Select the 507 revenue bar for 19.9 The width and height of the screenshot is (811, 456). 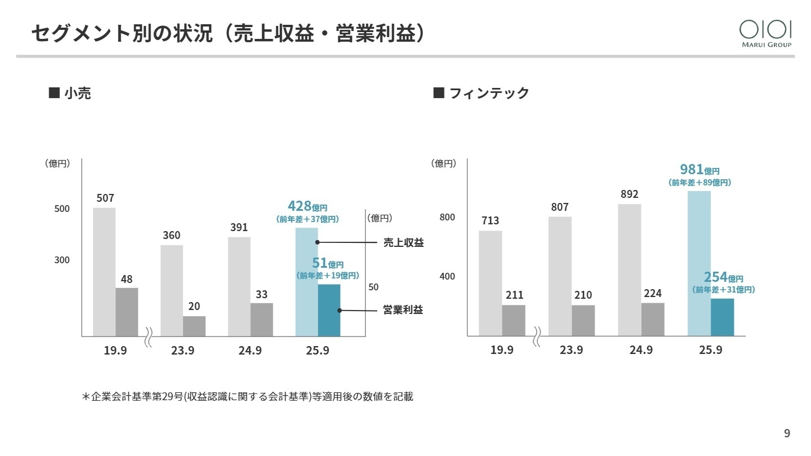[x=104, y=272]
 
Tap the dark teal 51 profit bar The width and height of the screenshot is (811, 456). [x=329, y=310]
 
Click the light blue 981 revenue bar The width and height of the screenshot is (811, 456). [x=699, y=263]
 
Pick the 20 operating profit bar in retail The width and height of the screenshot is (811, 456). [x=194, y=326]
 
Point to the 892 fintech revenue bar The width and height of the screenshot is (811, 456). [x=629, y=269]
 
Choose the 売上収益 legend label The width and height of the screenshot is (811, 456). [x=403, y=242]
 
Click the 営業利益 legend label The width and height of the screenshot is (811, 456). [x=403, y=310]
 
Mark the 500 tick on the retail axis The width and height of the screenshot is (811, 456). [x=62, y=209]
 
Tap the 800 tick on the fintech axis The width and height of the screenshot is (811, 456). [x=447, y=218]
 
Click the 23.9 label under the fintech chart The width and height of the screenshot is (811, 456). [x=571, y=350]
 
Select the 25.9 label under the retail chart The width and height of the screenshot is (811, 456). [x=318, y=351]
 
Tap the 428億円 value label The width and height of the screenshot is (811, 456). [x=307, y=206]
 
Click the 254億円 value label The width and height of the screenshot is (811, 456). [x=723, y=277]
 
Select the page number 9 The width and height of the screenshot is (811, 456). [x=787, y=433]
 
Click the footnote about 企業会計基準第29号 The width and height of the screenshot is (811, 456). [x=248, y=397]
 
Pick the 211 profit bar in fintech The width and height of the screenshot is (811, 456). [x=514, y=320]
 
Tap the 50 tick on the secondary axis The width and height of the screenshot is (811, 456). [x=373, y=287]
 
